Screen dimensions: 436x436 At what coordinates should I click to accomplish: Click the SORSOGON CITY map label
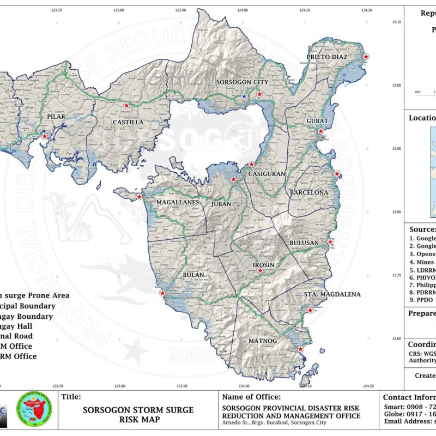pos(242,82)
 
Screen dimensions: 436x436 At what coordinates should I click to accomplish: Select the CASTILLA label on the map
pos(128,122)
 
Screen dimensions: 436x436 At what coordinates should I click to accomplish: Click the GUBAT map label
pos(317,120)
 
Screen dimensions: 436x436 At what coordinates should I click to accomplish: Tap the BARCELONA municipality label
pos(309,192)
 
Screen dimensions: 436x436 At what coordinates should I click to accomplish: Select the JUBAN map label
pos(222,203)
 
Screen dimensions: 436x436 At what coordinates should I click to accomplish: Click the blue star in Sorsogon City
pos(244,96)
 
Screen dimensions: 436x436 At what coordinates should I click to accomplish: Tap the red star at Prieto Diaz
pos(366,57)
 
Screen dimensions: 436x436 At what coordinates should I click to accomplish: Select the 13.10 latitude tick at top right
pos(397,22)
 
